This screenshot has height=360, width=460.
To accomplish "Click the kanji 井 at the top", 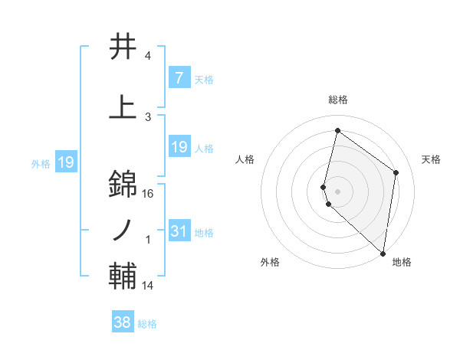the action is pyautogui.click(x=123, y=47).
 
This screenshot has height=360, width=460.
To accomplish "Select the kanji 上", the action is pyautogui.click(x=123, y=107).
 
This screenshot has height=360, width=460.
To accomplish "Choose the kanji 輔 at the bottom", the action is pyautogui.click(x=123, y=277).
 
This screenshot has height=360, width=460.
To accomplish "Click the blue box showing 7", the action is pyautogui.click(x=179, y=78).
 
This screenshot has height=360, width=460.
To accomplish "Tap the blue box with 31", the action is pyautogui.click(x=179, y=231).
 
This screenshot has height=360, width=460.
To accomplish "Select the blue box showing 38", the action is pyautogui.click(x=123, y=322).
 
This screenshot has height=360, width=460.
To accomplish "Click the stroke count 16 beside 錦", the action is pyautogui.click(x=148, y=194).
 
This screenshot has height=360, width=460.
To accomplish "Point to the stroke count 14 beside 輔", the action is pyautogui.click(x=148, y=286).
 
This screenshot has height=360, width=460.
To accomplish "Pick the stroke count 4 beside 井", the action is pyautogui.click(x=148, y=57).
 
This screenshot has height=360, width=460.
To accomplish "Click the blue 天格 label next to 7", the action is pyautogui.click(x=203, y=79).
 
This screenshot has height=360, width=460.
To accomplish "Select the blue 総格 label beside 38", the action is pyautogui.click(x=147, y=324).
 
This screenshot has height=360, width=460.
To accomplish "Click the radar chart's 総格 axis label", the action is pyautogui.click(x=338, y=100).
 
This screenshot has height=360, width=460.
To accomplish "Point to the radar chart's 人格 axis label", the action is pyautogui.click(x=245, y=159).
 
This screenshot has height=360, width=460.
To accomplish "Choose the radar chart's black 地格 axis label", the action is pyautogui.click(x=402, y=262).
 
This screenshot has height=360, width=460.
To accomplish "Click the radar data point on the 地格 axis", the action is pyautogui.click(x=383, y=253).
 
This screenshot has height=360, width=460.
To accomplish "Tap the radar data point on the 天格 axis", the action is pyautogui.click(x=396, y=172).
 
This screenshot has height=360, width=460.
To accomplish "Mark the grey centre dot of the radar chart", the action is pyautogui.click(x=338, y=190).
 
